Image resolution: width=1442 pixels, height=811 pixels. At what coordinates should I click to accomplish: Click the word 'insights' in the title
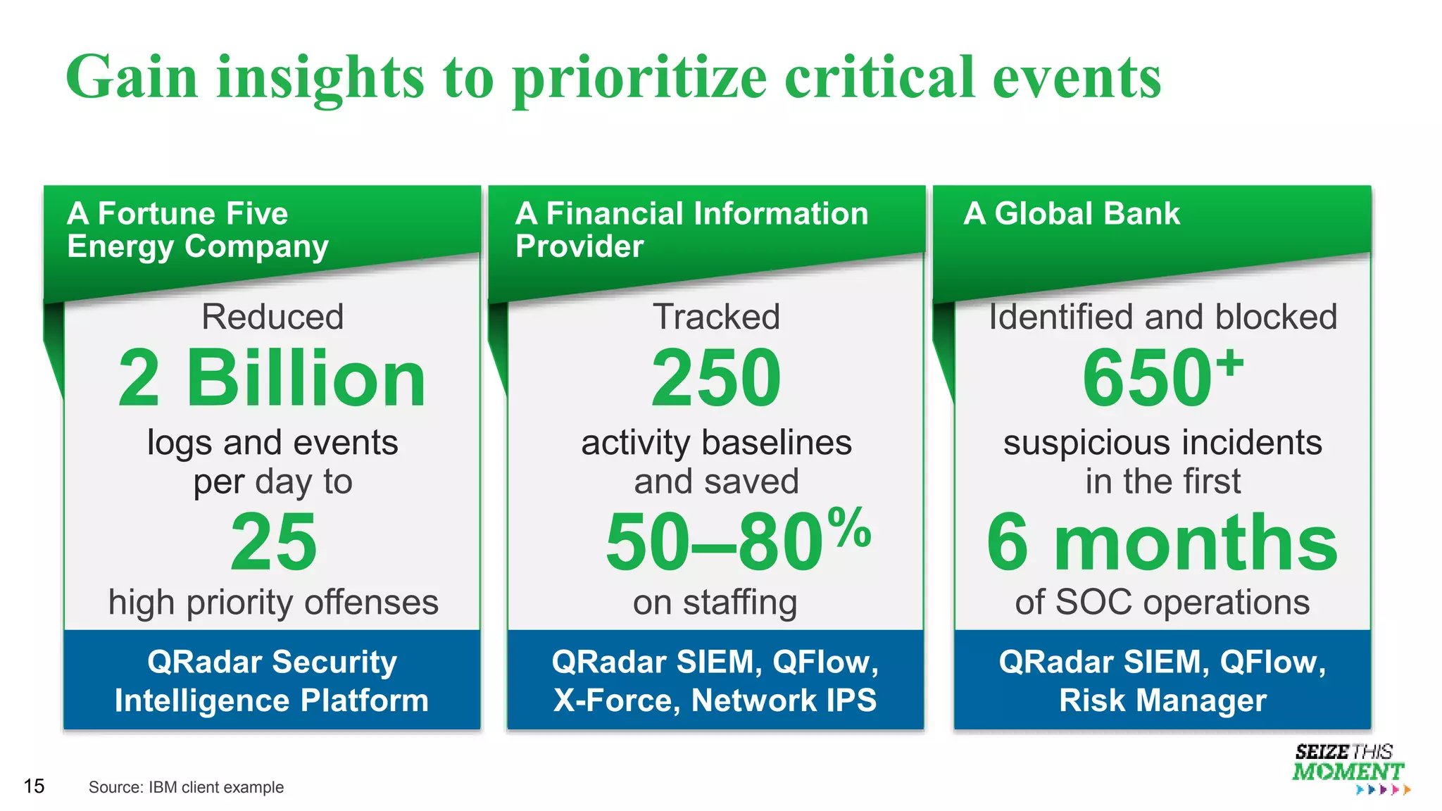(320, 77)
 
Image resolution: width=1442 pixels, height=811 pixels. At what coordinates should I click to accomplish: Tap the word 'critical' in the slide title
(879, 77)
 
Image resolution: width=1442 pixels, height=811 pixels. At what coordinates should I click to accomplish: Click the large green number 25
(273, 542)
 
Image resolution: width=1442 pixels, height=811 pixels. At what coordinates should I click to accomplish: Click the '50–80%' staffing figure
(737, 541)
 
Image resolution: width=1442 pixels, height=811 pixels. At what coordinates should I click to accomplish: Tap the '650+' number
(1162, 379)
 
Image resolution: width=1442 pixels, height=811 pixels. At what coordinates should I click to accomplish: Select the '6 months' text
(1162, 542)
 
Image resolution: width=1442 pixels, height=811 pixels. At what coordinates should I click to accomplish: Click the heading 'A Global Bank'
(1071, 213)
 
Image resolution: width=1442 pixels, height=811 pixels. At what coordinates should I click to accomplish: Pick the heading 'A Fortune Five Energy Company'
(197, 230)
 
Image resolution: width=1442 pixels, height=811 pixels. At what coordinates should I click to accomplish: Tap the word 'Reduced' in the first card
(272, 317)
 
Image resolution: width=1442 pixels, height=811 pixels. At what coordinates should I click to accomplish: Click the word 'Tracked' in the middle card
(716, 317)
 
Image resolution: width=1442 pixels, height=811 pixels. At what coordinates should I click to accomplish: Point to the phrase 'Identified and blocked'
(1162, 317)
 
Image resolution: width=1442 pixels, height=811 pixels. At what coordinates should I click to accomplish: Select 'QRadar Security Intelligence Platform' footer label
(272, 681)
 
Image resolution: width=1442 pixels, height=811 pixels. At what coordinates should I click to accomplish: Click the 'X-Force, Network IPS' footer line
(715, 700)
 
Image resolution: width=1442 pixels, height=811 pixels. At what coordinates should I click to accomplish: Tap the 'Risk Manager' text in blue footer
(1162, 700)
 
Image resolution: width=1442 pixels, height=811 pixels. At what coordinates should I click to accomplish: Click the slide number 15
(34, 786)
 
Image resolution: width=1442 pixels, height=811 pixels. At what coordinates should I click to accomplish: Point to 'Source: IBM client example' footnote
(186, 787)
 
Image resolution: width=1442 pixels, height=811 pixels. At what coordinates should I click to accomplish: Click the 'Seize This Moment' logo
(1348, 767)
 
